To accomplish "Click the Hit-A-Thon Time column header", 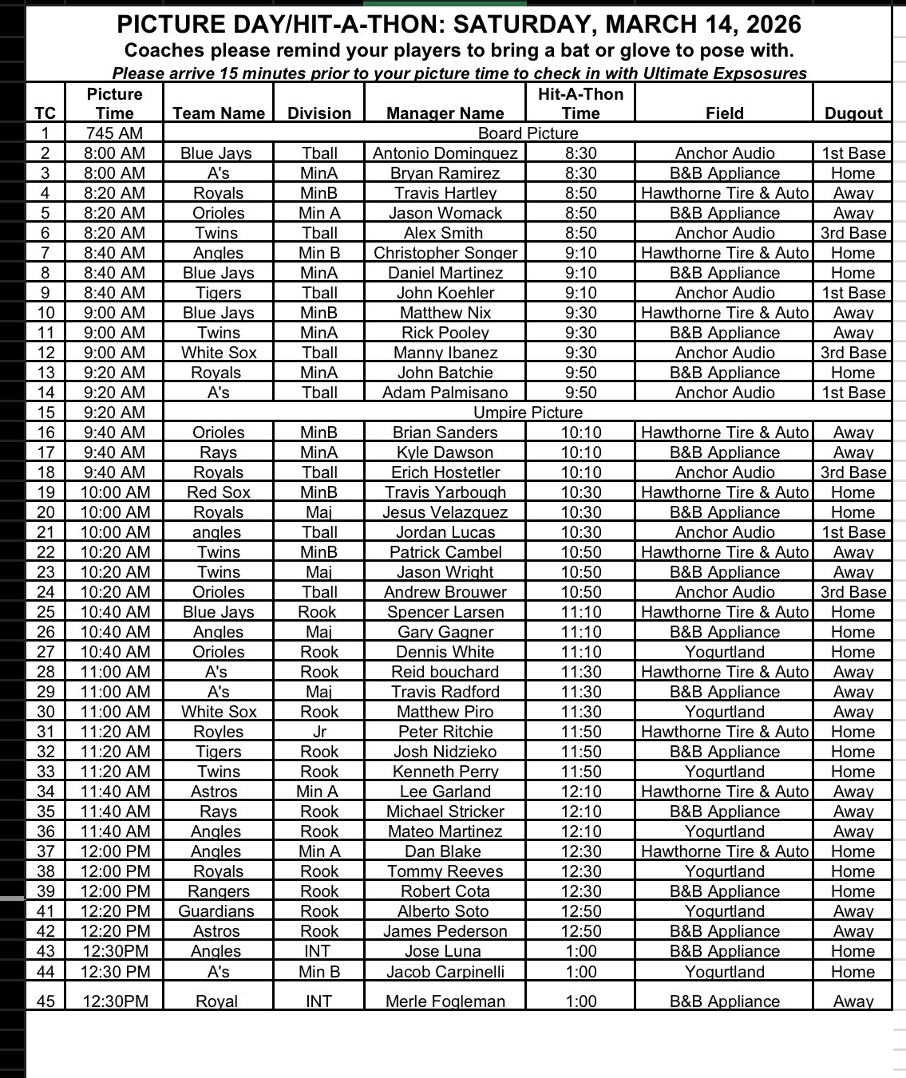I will pos(580,104).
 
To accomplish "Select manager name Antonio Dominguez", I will pos(445,153).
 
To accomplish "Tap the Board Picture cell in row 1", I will pos(528,133).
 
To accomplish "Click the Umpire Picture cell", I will pos(528,413).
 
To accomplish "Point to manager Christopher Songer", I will pos(445,253).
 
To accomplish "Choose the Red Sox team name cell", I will pos(219,492).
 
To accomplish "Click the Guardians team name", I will pos(216,911).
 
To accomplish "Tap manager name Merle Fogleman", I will pos(445,1001).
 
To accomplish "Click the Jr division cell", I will pos(319,732).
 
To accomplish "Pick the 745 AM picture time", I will pos(115,133).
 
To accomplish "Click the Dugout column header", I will pos(853,113).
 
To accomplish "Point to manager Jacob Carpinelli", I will pos(445,972).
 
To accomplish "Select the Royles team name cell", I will pos(219,732).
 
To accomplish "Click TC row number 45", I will pos(45,1001).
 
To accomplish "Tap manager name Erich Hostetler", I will pos(445,472).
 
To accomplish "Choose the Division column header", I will pos(319,113).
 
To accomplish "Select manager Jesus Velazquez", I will pos(445,512).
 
